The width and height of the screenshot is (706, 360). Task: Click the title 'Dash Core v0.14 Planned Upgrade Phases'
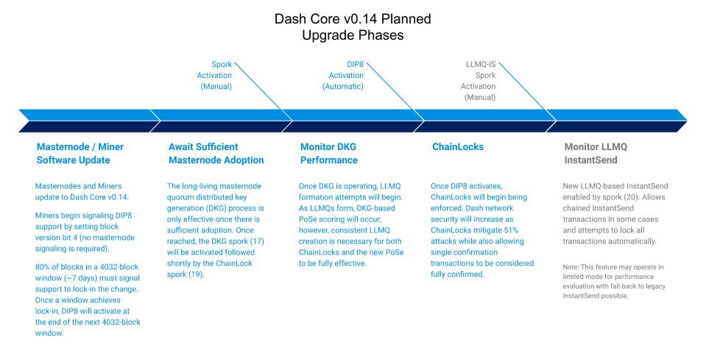pyautogui.click(x=353, y=27)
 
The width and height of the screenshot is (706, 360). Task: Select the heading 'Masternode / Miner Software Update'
pyautogui.click(x=80, y=153)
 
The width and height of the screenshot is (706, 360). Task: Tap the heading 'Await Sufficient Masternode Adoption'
pyautogui.click(x=216, y=153)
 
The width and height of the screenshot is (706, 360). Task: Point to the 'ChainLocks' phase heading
pyautogui.click(x=457, y=147)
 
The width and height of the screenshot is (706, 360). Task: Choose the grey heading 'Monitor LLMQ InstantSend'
pyautogui.click(x=595, y=153)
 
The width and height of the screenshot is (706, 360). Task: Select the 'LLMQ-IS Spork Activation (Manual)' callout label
pyautogui.click(x=480, y=80)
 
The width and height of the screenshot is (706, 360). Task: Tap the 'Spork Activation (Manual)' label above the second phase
pyautogui.click(x=216, y=75)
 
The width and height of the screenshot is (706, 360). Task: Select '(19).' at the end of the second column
pyautogui.click(x=198, y=274)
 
